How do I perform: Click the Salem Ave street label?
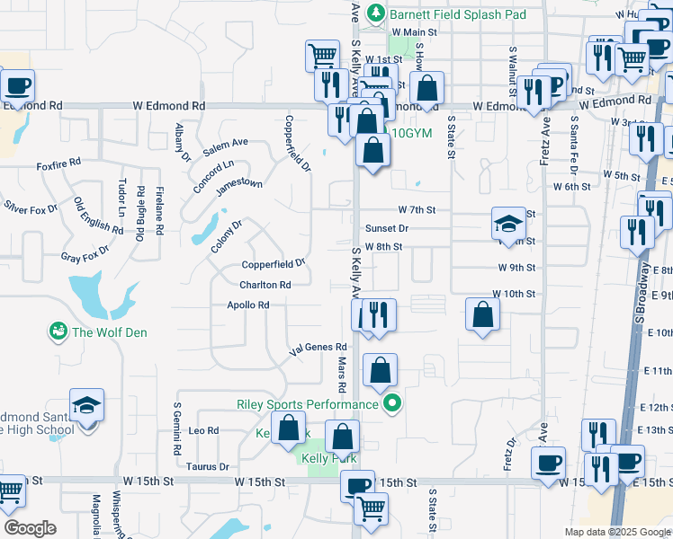pos(225,143)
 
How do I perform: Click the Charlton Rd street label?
pos(265,285)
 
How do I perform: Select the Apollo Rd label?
pos(247,305)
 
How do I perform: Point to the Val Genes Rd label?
pos(317,347)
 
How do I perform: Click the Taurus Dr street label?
pos(207,466)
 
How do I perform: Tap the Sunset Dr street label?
pos(386,228)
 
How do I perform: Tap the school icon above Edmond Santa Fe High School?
pos(86,404)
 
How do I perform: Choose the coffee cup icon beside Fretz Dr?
pos(547,463)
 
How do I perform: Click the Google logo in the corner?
pos(30,528)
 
